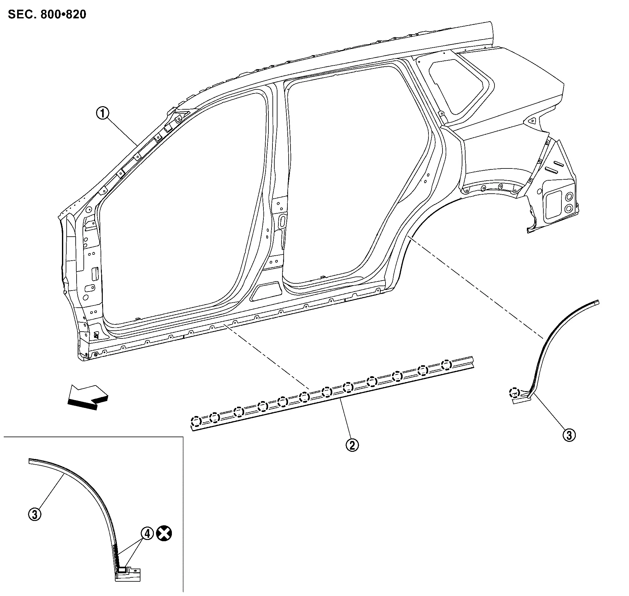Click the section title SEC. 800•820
click(x=47, y=15)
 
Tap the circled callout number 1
click(x=103, y=113)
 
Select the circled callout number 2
click(x=352, y=445)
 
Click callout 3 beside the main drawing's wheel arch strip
click(x=569, y=435)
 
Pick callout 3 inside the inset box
click(x=35, y=514)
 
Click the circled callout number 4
click(x=147, y=533)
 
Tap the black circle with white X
click(x=164, y=533)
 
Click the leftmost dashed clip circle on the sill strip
click(x=196, y=422)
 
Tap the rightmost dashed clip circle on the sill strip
click(x=446, y=365)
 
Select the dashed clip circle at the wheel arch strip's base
click(x=514, y=393)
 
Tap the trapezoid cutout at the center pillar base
click(x=266, y=292)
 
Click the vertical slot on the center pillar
click(x=282, y=221)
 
